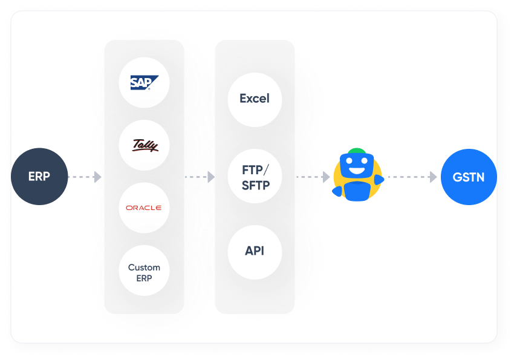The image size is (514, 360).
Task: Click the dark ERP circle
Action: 39,177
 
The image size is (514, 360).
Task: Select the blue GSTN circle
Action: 469,177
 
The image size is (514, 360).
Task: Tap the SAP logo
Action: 144,83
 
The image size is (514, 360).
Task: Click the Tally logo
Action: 145,145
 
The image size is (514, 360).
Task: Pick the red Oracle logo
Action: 144,208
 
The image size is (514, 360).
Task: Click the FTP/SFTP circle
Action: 255,177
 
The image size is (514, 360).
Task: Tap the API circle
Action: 255,251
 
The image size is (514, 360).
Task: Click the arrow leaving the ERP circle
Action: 85,177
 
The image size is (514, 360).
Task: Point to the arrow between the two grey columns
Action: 200,177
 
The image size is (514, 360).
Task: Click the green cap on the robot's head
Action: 357,151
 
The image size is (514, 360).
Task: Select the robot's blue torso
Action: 357,191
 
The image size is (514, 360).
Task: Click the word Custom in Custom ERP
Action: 144,267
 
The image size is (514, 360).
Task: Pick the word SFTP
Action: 255,185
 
